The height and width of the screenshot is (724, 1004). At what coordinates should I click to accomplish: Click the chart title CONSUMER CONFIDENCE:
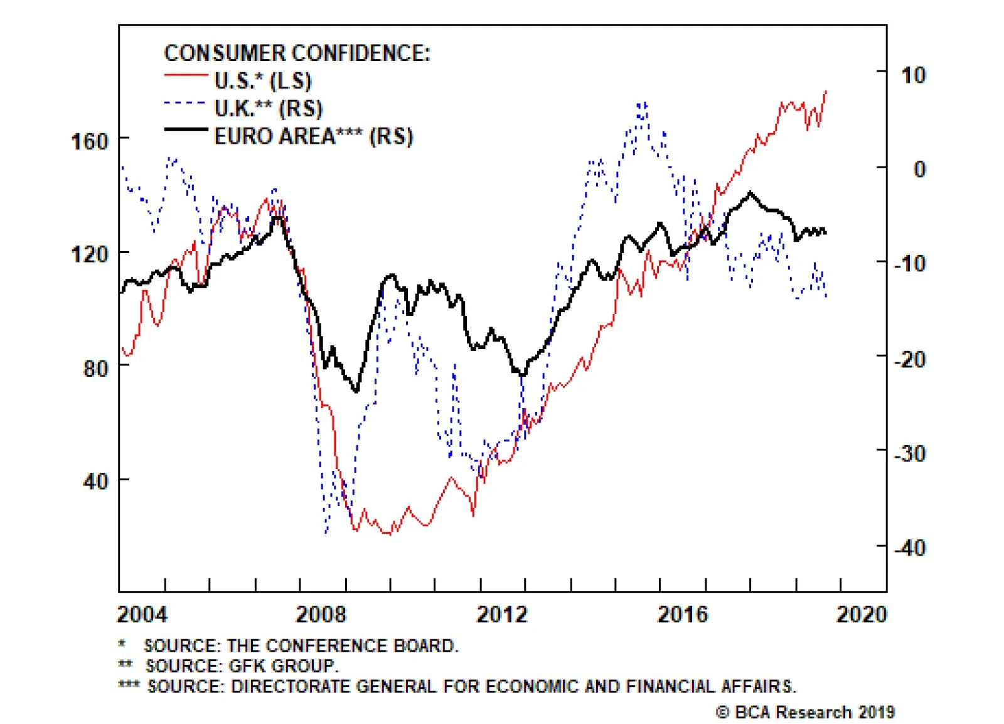tap(297, 53)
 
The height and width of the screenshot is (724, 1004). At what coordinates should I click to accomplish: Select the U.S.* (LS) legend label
tap(263, 81)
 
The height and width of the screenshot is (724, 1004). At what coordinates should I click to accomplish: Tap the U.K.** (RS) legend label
tap(268, 109)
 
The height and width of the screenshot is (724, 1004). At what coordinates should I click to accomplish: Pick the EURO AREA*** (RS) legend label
tap(313, 136)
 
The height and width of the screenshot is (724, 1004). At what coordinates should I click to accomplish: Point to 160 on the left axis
tap(90, 141)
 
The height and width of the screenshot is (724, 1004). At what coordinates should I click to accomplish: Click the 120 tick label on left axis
tap(90, 254)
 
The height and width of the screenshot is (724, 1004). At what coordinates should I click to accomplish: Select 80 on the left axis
tap(95, 368)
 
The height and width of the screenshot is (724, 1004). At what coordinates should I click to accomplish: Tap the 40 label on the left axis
tap(95, 482)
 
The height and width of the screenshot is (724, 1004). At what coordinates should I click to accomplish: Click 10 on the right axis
tap(913, 75)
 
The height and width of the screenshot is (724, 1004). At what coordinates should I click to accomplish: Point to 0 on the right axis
tap(919, 169)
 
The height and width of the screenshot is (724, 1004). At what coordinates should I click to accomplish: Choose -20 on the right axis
tap(909, 360)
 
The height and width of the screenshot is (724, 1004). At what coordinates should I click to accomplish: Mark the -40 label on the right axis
tap(909, 548)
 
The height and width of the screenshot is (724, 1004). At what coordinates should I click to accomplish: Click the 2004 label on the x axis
tap(142, 614)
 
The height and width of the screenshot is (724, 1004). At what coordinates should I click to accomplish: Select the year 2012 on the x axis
tap(502, 614)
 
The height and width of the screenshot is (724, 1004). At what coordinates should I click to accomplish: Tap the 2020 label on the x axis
tap(862, 614)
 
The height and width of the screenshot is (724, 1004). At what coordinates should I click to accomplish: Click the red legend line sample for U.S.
tap(186, 76)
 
